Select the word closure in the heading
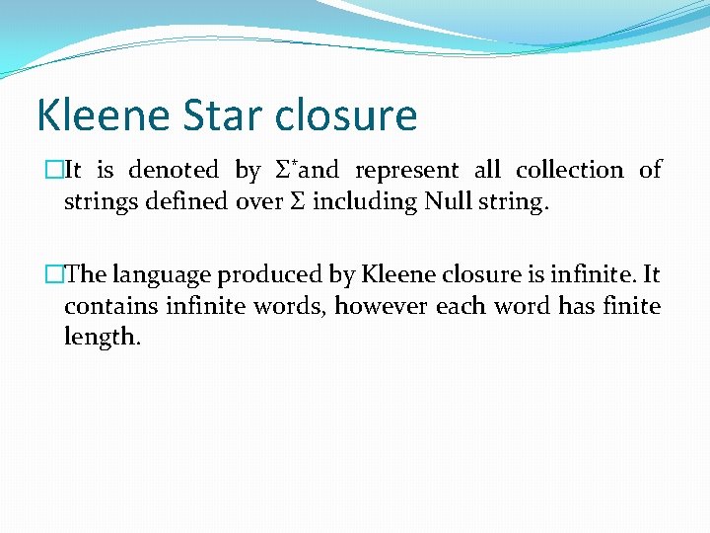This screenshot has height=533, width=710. tap(346, 115)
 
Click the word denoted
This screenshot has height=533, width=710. tap(174, 171)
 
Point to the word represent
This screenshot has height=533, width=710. tap(406, 171)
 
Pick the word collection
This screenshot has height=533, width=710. tap(569, 171)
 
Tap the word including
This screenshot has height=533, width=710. tap(365, 202)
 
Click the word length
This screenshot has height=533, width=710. tap(102, 338)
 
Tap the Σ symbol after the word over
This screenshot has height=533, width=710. tap(297, 202)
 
